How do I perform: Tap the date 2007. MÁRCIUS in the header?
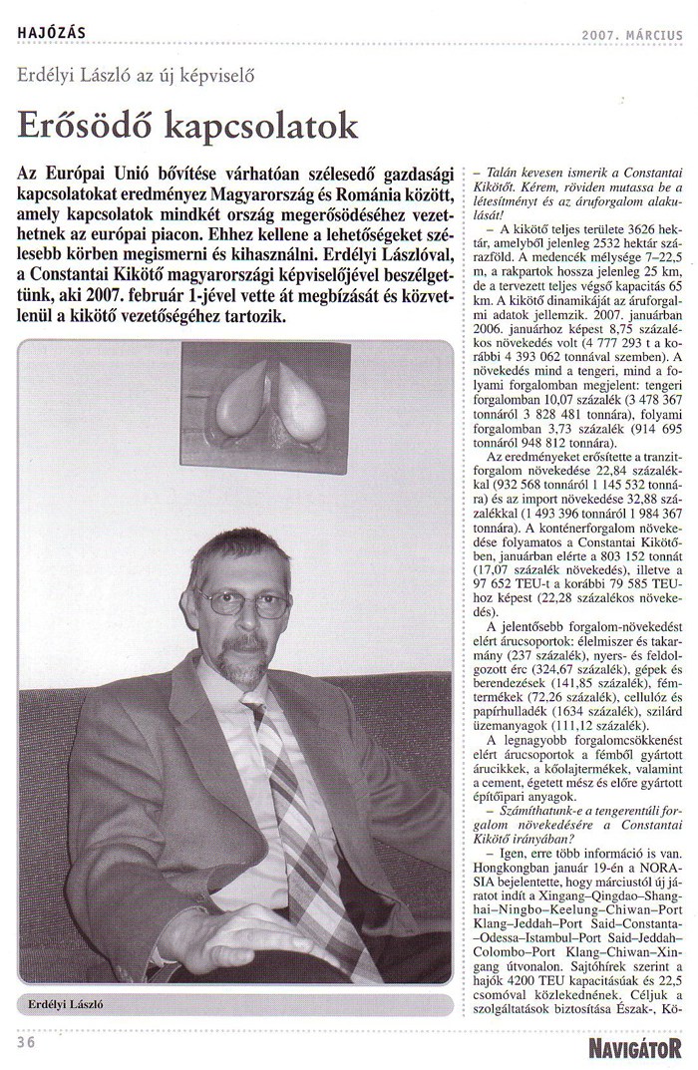tap(632, 35)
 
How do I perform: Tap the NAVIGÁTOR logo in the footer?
tap(634, 1046)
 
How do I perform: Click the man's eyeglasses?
tap(245, 602)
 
